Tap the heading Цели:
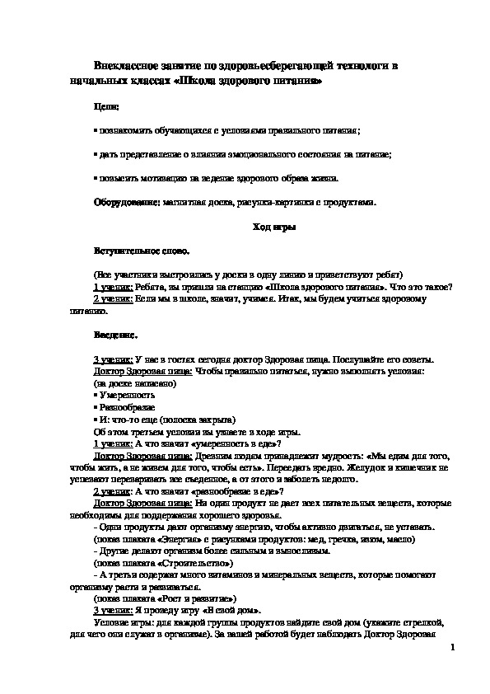click(x=106, y=107)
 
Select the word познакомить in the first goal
click(x=127, y=131)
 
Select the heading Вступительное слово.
click(x=142, y=250)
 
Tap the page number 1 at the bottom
click(x=454, y=650)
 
